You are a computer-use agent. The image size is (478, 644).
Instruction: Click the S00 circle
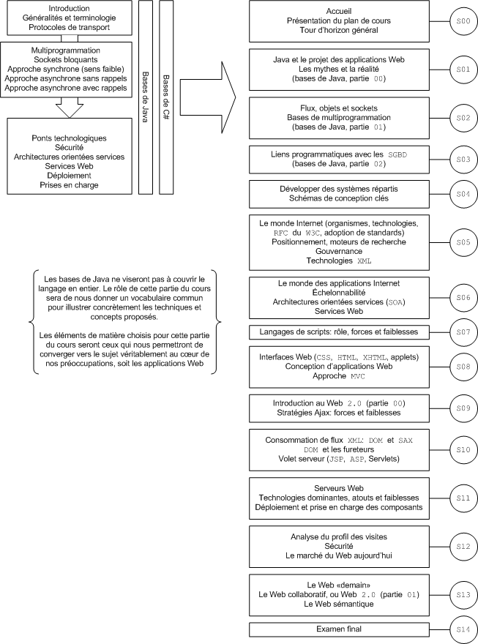click(x=463, y=22)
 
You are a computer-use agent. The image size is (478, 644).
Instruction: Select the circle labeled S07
click(x=463, y=332)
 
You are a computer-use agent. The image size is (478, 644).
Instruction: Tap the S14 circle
click(x=463, y=629)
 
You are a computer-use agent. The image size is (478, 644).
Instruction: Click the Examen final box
click(x=339, y=629)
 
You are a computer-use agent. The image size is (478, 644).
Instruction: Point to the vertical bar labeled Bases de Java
click(x=145, y=97)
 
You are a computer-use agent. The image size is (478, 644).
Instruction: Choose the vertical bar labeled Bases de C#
click(x=166, y=97)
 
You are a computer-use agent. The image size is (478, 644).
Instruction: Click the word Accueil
click(x=339, y=12)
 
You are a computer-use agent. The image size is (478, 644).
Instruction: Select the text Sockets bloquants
click(x=65, y=59)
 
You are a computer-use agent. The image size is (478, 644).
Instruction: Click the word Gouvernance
click(x=339, y=251)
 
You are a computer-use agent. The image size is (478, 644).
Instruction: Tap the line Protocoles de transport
click(x=70, y=27)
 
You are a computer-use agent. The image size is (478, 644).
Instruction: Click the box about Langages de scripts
click(x=339, y=332)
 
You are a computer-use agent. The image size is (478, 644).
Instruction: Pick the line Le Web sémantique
click(x=339, y=604)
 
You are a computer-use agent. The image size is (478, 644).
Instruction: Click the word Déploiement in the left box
click(x=70, y=176)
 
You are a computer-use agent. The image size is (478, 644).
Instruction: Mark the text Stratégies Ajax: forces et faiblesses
click(x=339, y=413)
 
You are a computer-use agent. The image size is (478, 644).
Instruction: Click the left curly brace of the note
click(x=31, y=322)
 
